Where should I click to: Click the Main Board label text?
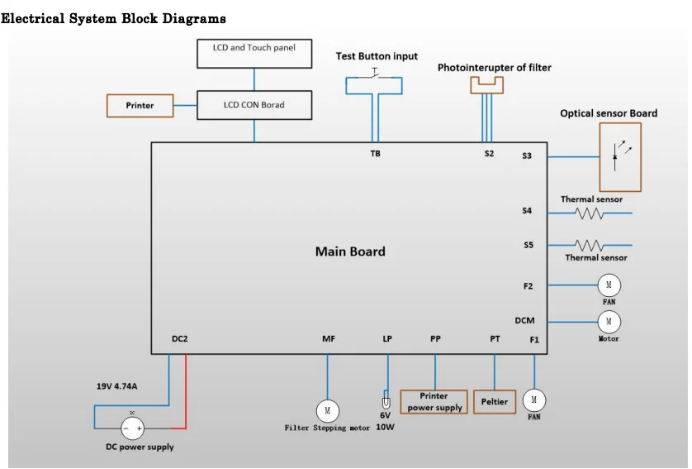(350, 251)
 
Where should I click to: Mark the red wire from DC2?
(186, 391)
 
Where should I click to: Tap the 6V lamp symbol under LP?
(386, 403)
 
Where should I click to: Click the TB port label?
(375, 153)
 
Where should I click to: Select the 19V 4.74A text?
(117, 386)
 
